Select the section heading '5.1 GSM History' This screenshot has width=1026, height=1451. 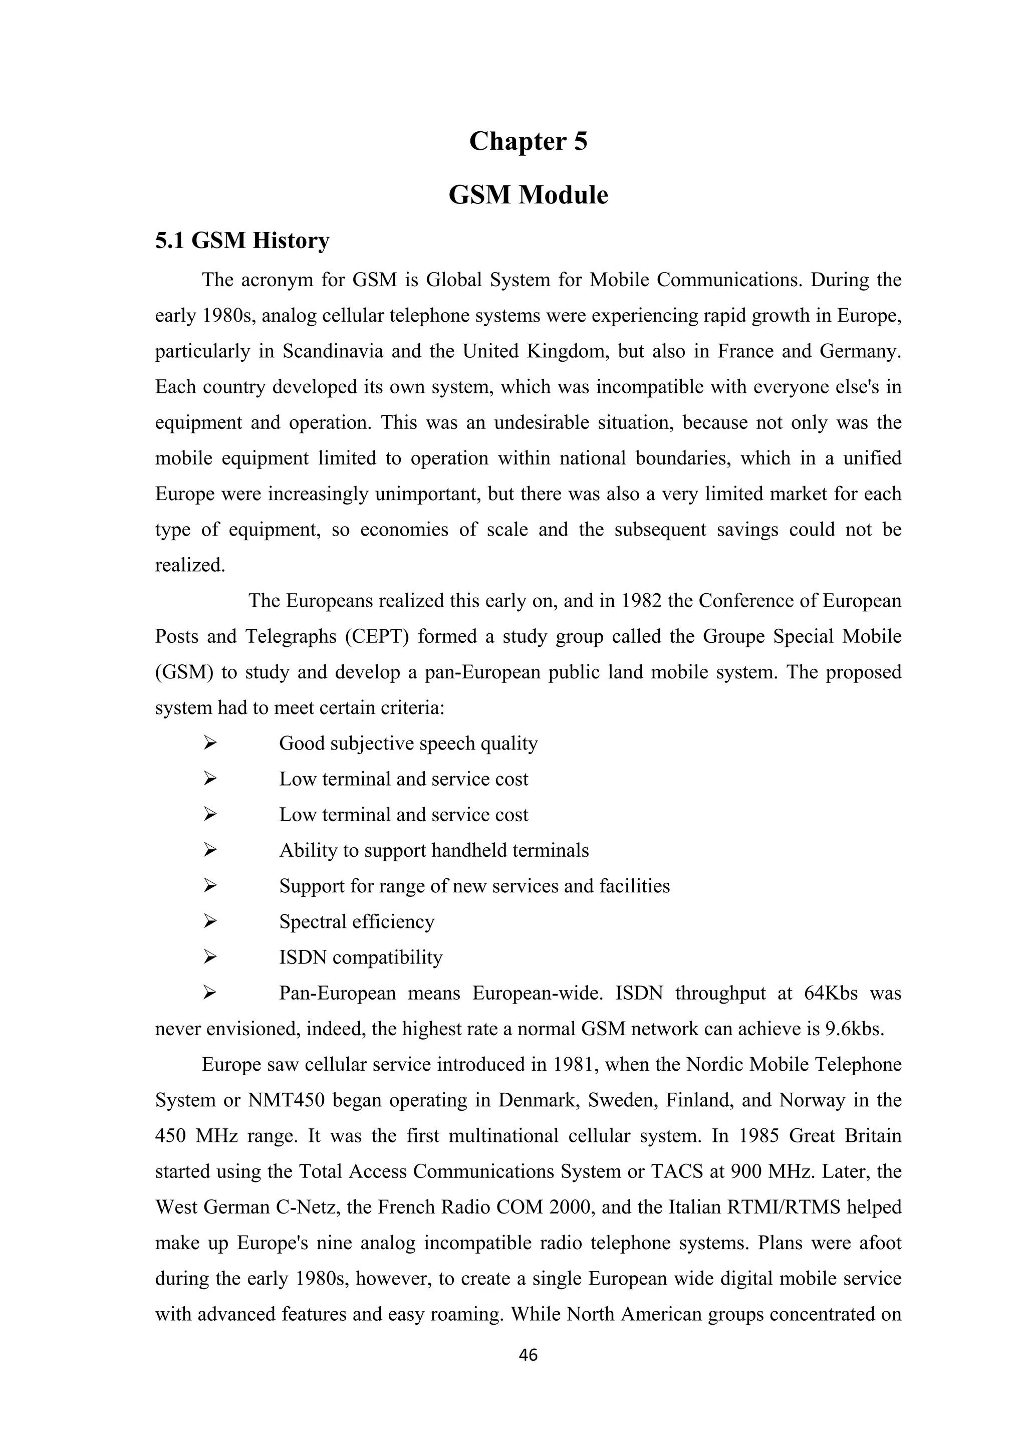[x=242, y=241]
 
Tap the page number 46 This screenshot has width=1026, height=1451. [x=528, y=1355]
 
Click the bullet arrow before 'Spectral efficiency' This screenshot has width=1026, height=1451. [x=210, y=922]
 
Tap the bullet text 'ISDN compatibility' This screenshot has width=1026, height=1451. [x=361, y=957]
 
